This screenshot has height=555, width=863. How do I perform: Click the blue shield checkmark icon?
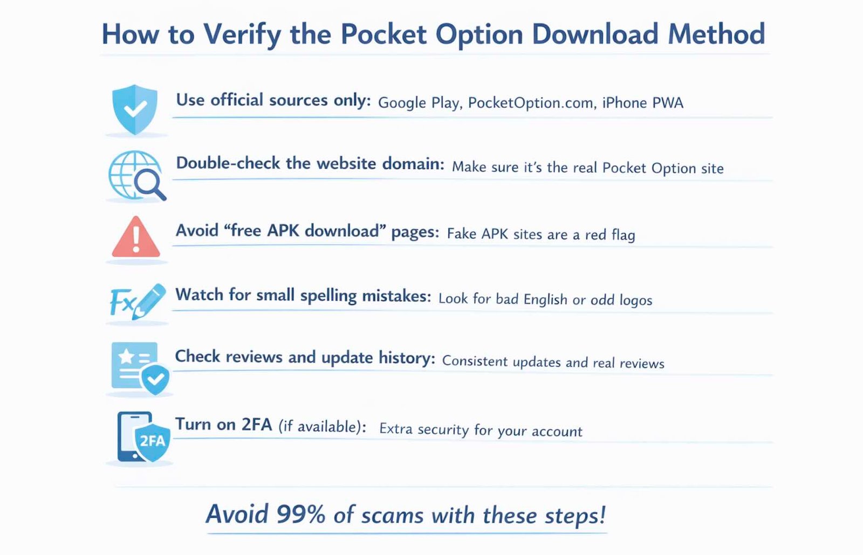[135, 109]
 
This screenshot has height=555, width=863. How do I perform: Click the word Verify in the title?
[242, 34]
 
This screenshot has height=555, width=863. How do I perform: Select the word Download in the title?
[595, 34]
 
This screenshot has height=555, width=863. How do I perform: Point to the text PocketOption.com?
[530, 103]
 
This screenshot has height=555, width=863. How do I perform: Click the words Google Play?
[419, 102]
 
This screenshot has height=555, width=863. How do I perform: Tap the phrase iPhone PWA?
[642, 102]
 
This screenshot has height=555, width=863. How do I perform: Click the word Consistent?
[475, 361]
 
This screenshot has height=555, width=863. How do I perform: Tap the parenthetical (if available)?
[322, 427]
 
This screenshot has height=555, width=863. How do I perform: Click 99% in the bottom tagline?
[300, 515]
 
